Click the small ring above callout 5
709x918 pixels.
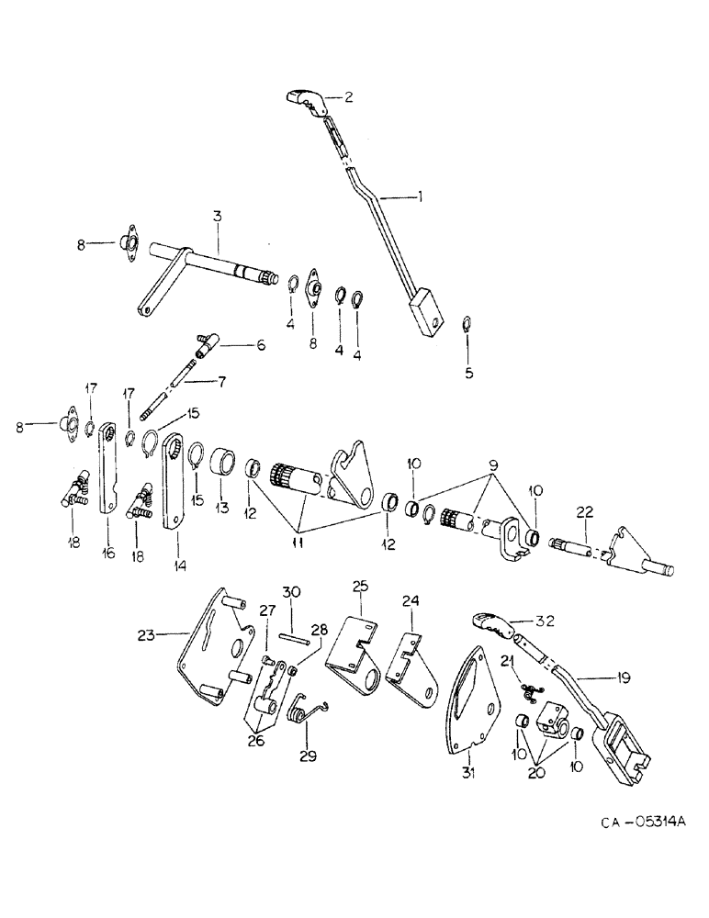pos(467,321)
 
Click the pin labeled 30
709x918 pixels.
pos(291,641)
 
